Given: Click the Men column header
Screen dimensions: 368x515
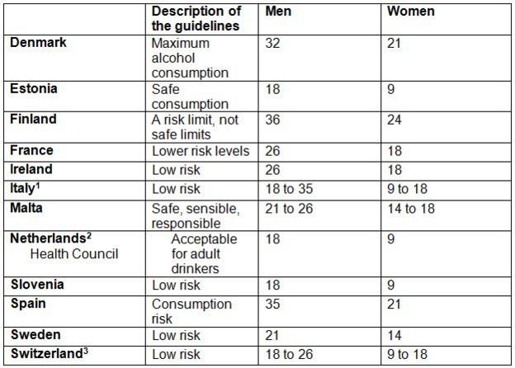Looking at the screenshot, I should pyautogui.click(x=279, y=12).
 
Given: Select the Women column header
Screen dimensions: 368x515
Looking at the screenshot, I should pyautogui.click(x=410, y=12).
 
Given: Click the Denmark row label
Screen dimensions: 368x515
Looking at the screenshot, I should pyautogui.click(x=39, y=43).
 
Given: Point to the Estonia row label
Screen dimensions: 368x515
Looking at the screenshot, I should pyautogui.click(x=34, y=89).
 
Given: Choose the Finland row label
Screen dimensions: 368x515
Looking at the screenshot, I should pyautogui.click(x=33, y=120).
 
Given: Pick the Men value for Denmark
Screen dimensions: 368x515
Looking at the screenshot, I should pyautogui.click(x=273, y=43).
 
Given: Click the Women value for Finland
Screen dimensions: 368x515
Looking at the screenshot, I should pyautogui.click(x=395, y=120).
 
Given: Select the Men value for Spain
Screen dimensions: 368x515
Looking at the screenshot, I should pyautogui.click(x=273, y=304).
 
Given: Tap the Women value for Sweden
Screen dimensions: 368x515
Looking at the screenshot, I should pyautogui.click(x=395, y=335).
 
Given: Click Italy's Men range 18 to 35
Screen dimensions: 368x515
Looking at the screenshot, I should pyautogui.click(x=291, y=188).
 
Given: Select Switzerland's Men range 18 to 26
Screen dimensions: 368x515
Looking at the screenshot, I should pyautogui.click(x=291, y=355).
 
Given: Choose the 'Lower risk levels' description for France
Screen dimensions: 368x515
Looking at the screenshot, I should pyautogui.click(x=201, y=151).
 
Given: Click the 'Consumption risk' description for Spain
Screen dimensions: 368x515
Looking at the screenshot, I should pyautogui.click(x=191, y=311).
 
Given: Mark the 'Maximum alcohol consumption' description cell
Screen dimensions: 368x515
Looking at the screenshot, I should pyautogui.click(x=191, y=58).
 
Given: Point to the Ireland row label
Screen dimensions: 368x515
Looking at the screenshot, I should pyautogui.click(x=31, y=169).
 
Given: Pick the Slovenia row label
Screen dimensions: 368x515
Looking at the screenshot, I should pyautogui.click(x=37, y=285).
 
